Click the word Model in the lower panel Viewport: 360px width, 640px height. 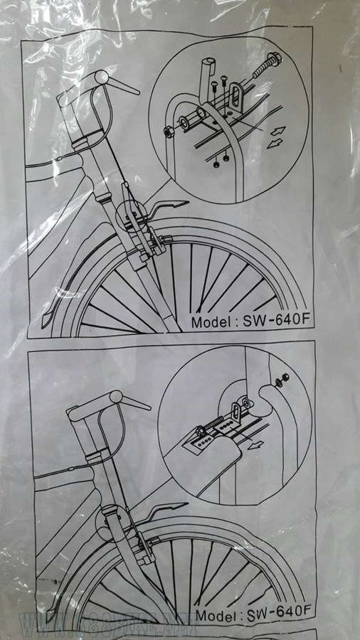pyautogui.click(x=216, y=612)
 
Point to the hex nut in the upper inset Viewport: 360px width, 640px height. pyautogui.click(x=169, y=132)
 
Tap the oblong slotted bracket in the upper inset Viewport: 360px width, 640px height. pyautogui.click(x=234, y=95)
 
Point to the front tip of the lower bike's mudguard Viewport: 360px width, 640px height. pyautogui.click(x=171, y=508)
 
